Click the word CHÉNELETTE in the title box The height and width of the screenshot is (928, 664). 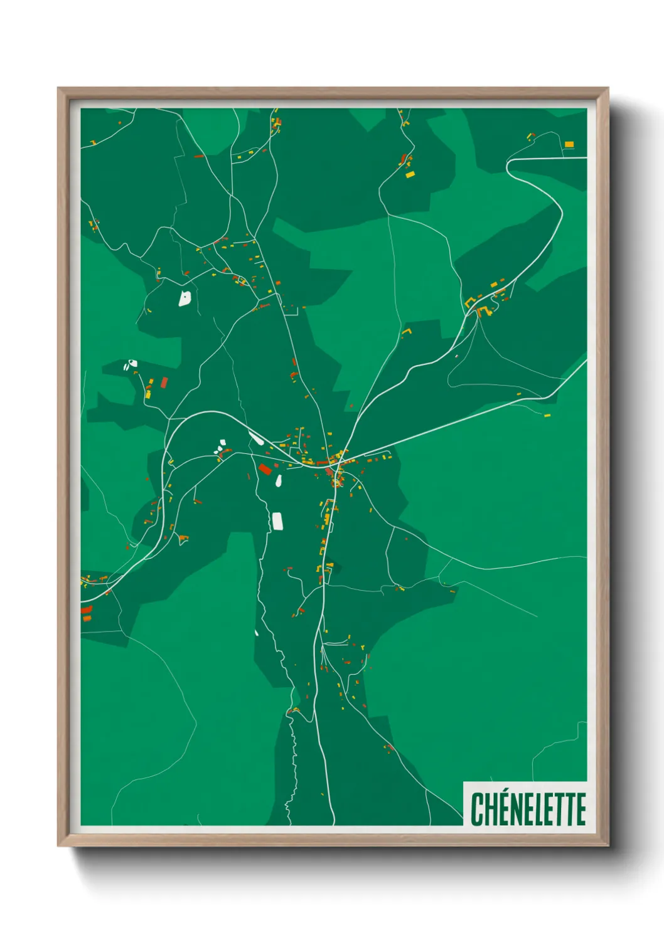point(528,809)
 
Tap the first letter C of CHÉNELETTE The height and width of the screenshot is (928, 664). point(476,810)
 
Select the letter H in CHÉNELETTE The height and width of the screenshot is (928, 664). point(490,810)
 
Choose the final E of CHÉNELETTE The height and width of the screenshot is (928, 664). point(580,810)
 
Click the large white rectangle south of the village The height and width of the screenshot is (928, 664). point(277,521)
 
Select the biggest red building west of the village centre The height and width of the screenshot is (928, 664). point(265,468)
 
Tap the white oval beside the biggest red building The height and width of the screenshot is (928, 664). point(278,481)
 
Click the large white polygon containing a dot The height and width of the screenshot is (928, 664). point(185,297)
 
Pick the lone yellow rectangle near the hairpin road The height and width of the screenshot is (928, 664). point(569,144)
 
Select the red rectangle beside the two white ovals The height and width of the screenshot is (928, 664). point(164,381)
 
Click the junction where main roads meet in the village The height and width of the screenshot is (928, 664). point(340,461)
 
